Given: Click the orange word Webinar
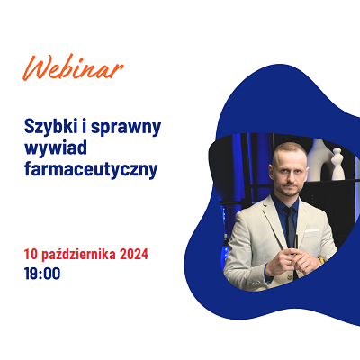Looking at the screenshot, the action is (73, 67).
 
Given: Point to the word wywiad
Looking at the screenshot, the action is (56, 148).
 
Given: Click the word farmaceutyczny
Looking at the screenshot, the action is (91, 169).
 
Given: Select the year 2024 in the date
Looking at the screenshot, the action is (134, 255).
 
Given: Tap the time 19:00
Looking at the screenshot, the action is (42, 274).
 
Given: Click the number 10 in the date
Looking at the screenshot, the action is (31, 255).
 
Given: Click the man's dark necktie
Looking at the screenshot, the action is (290, 227).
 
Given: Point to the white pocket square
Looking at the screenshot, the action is (312, 230).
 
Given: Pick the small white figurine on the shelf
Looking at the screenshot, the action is (337, 164).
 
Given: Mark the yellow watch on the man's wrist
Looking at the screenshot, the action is (321, 260).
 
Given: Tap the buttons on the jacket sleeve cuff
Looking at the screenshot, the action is (255, 283).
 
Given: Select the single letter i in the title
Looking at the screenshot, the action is (85, 127).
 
